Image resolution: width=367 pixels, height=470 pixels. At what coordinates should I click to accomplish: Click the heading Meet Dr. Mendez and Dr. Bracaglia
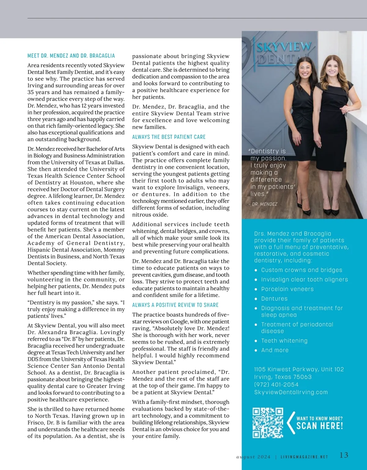71,56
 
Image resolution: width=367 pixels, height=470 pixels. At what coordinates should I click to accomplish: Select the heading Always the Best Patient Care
169,137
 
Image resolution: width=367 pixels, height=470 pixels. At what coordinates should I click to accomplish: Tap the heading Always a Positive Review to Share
175,305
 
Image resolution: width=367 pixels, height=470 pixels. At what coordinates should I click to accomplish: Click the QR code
268,423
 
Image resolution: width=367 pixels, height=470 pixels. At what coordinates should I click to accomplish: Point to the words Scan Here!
320,426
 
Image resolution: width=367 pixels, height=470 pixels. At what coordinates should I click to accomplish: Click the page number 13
344,455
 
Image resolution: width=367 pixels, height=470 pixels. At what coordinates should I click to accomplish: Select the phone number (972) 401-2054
276,384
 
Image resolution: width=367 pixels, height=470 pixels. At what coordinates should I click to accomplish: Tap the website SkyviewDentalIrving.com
291,392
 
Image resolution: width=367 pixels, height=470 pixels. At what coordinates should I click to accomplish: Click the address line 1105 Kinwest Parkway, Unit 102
299,369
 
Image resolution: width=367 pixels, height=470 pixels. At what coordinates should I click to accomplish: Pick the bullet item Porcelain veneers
287,289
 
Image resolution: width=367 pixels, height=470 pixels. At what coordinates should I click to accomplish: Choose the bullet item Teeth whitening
284,340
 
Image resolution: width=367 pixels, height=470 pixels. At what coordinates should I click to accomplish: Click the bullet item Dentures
274,299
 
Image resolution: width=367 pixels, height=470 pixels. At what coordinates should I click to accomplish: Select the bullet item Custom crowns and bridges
302,270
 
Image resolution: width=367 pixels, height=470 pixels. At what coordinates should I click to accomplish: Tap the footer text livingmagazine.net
304,457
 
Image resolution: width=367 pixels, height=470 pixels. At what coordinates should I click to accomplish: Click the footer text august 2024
253,457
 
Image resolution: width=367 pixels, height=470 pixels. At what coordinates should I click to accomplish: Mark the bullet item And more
275,350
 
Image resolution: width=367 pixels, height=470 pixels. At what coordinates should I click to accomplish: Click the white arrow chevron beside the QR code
290,423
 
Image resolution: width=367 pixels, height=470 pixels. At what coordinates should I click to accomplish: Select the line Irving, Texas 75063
283,377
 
